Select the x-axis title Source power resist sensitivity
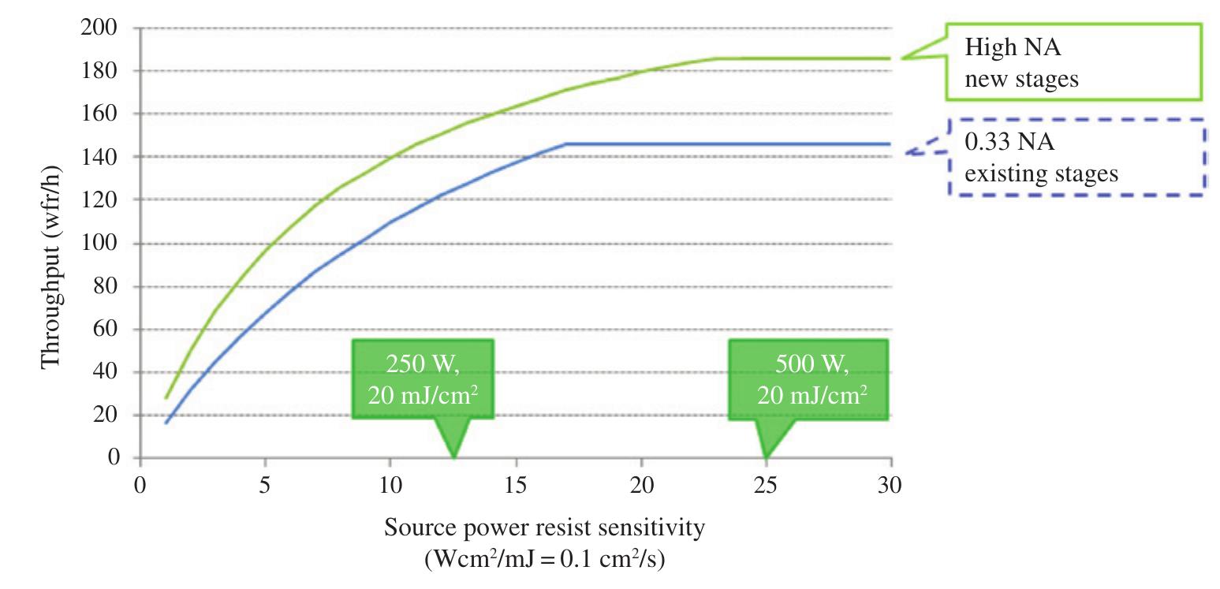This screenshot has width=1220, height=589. [543, 527]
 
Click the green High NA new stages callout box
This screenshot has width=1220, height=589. [1073, 62]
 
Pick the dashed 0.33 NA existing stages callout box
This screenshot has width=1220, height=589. [1076, 158]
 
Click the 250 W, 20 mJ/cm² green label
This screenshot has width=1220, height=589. [423, 378]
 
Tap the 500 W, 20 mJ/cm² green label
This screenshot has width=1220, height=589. [808, 378]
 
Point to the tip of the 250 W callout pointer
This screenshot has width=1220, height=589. [453, 457]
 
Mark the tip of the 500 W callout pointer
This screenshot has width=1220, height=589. [766, 457]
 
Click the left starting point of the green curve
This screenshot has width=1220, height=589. [166, 398]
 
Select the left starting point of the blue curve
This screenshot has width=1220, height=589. [166, 423]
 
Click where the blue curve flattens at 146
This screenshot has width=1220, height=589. [565, 144]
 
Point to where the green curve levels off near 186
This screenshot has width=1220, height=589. [716, 58]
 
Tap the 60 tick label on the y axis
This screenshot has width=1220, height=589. [107, 330]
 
